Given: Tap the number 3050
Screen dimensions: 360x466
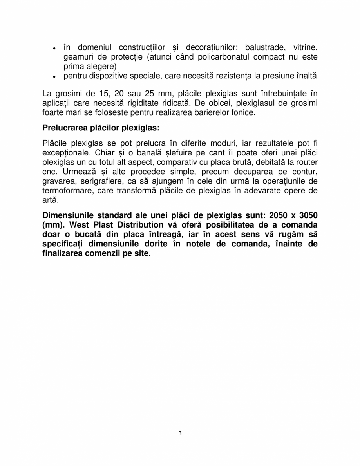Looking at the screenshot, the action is [x=307, y=215].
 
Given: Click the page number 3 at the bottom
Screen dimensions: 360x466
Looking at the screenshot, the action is [x=180, y=433].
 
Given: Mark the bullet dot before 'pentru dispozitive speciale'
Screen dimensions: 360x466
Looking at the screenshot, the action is [x=54, y=76].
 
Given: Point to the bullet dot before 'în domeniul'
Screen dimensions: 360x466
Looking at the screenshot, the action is [x=54, y=48].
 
